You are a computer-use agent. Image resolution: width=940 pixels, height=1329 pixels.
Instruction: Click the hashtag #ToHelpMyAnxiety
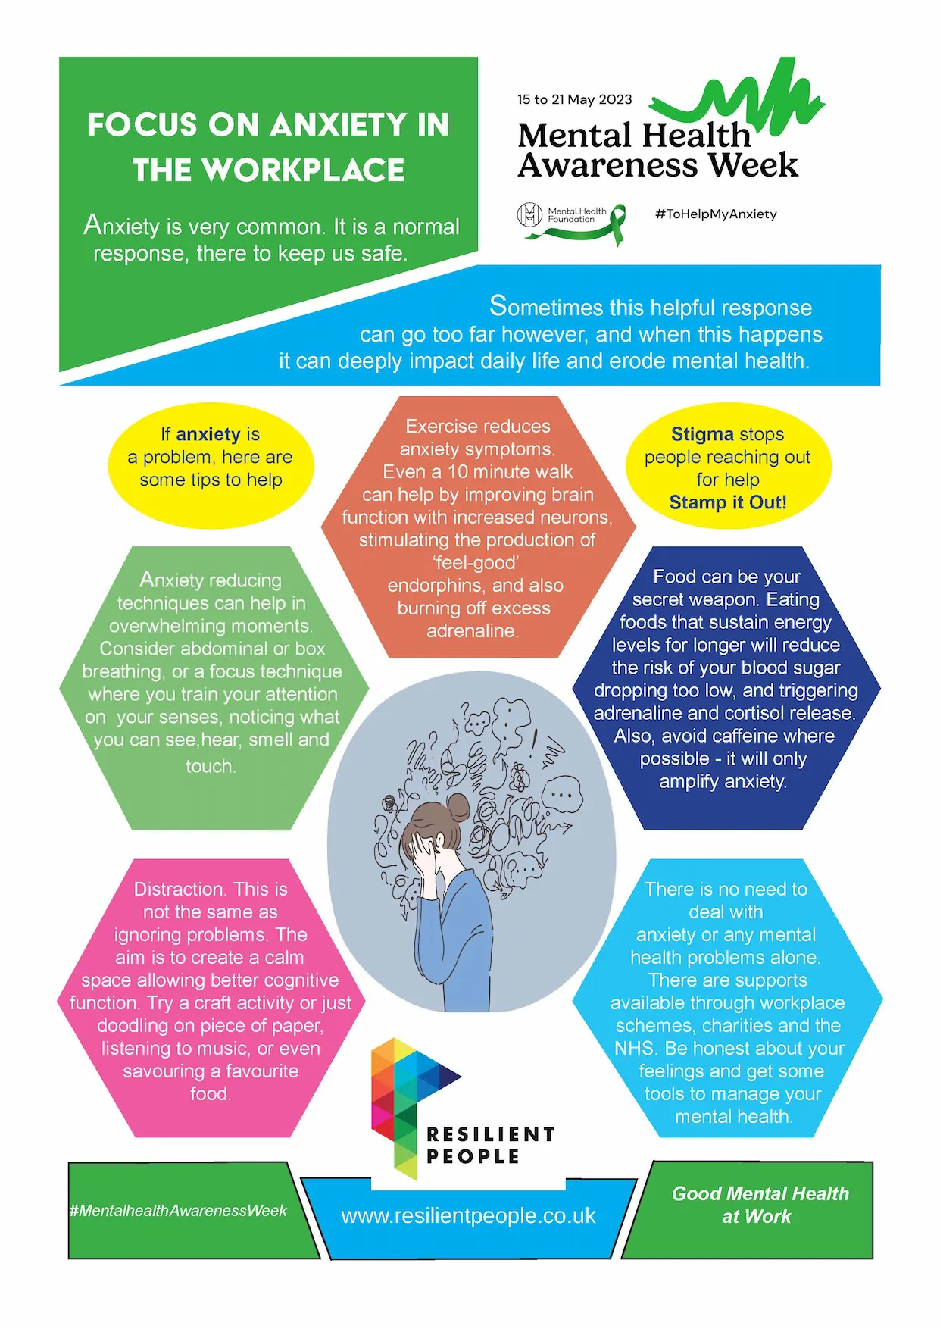(x=716, y=214)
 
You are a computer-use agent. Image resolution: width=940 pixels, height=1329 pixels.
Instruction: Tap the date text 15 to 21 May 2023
(x=574, y=99)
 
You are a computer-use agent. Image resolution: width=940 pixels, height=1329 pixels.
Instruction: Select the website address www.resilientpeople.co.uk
(x=468, y=1216)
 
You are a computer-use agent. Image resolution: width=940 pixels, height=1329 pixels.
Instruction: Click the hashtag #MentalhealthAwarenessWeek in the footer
(x=178, y=1211)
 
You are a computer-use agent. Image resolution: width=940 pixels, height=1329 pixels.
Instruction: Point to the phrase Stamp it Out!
(x=728, y=502)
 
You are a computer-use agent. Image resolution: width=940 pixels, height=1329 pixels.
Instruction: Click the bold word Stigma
(x=702, y=435)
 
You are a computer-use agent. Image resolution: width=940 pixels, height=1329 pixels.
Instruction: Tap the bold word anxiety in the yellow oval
(x=208, y=434)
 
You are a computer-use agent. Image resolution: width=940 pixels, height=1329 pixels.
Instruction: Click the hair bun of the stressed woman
(x=458, y=805)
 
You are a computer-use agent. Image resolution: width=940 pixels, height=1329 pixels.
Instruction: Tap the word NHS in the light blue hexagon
(x=634, y=1049)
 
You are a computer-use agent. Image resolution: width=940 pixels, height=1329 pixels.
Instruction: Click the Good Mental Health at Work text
(x=760, y=1205)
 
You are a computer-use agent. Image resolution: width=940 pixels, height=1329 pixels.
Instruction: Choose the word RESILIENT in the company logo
(x=491, y=1134)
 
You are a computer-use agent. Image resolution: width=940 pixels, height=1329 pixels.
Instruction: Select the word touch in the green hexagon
(x=210, y=766)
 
